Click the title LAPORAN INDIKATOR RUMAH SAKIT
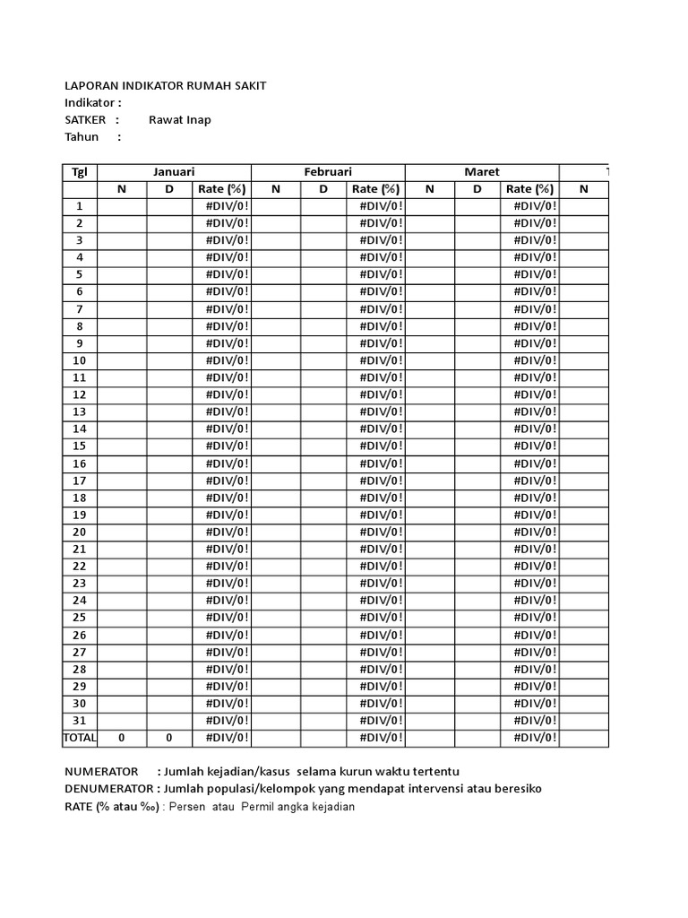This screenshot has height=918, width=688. tap(166, 85)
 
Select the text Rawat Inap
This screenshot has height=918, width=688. tap(179, 119)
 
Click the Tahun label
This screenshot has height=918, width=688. tap(82, 136)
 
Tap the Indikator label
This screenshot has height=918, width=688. tap(92, 102)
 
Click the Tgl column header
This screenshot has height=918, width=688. tap(79, 172)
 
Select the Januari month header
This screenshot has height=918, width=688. tap(174, 172)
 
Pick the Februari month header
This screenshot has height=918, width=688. tap(328, 172)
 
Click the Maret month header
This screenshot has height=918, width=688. tap(482, 172)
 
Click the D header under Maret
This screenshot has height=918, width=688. tap(477, 189)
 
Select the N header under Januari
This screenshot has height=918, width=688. tap(122, 189)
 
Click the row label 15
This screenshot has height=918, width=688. tap(79, 446)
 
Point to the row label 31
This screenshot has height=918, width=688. tap(79, 720)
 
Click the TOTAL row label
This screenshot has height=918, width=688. tap(79, 737)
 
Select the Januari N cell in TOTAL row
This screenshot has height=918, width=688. tap(122, 737)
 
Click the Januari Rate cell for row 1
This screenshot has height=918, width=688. tap(221, 206)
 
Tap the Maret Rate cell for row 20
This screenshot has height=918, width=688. tap(529, 532)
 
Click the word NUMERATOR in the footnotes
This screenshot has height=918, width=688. tap(101, 772)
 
